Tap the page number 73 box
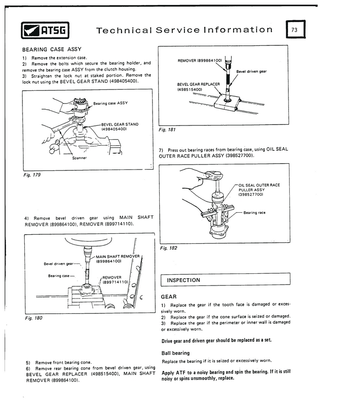click(x=294, y=30)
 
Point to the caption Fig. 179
click(x=31, y=174)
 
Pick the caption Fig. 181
click(x=167, y=129)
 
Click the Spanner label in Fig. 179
click(x=80, y=158)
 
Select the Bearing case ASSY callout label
click(x=110, y=103)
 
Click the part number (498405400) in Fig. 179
click(x=114, y=129)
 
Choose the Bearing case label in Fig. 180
click(x=58, y=276)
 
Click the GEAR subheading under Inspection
click(x=168, y=297)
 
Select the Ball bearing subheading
click(x=175, y=353)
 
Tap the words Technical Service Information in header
click(x=184, y=30)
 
